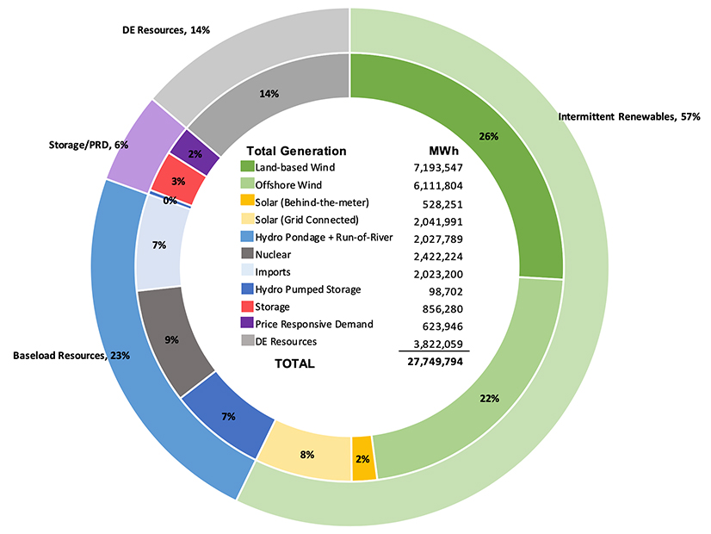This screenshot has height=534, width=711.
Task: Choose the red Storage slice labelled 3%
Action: (x=179, y=182)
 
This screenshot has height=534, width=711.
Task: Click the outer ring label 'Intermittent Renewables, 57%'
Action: (x=628, y=116)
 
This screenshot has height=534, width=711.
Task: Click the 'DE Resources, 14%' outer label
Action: (x=167, y=29)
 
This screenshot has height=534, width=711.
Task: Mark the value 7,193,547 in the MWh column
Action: (x=439, y=167)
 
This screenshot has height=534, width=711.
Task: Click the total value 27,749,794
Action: (x=436, y=363)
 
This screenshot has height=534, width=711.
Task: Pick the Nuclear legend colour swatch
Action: (x=247, y=255)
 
